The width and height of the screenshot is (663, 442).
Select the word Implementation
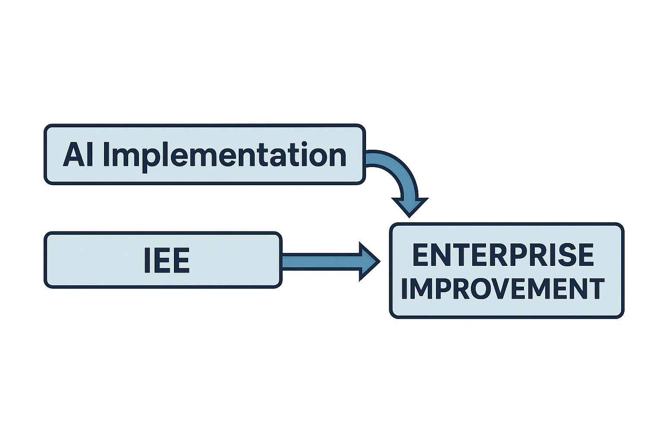click(224, 155)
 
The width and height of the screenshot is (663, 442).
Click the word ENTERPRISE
click(503, 255)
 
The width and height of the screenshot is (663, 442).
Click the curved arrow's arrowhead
click(410, 206)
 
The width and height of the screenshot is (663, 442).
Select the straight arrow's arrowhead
click(368, 262)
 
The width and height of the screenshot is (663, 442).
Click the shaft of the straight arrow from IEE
click(319, 262)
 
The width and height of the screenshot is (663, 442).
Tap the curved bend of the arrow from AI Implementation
click(395, 166)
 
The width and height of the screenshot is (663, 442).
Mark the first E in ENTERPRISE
click(421, 255)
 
